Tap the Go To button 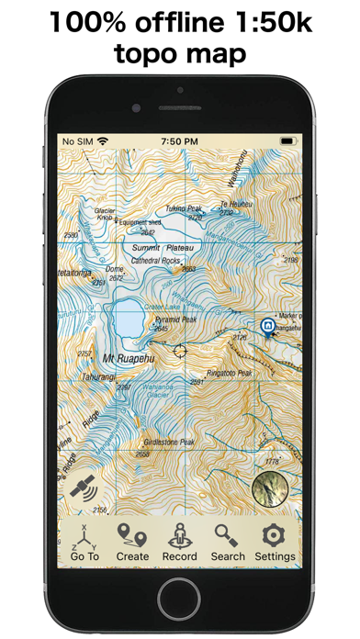tap(84, 543)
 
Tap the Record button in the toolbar tap(179, 543)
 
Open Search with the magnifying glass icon tap(227, 543)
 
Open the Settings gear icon tap(275, 543)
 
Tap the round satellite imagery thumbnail tap(270, 489)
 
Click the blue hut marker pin tap(267, 326)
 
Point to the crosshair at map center tap(180, 349)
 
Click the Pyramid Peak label tap(174, 319)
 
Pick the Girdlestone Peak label tap(163, 443)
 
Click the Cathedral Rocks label tap(156, 260)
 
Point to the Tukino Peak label tap(185, 208)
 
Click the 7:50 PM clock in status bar tap(179, 142)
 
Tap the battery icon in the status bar tap(287, 142)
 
